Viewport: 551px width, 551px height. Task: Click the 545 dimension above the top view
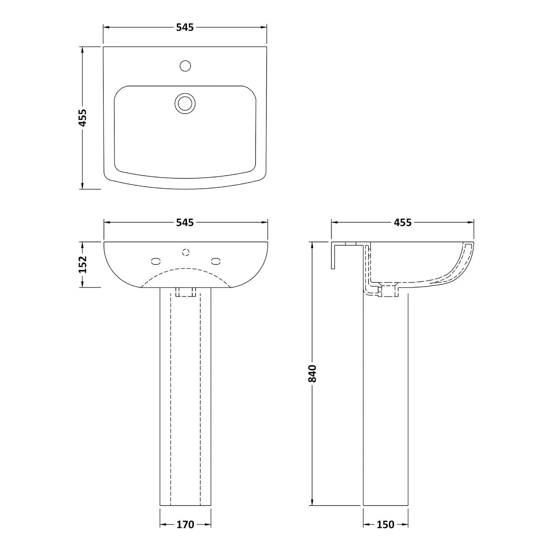[x=185, y=27]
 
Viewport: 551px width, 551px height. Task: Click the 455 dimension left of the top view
[x=83, y=118]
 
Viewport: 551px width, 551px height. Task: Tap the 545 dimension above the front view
[x=185, y=222]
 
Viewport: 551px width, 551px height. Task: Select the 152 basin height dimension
[x=83, y=264]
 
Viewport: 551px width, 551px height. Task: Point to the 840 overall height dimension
[x=313, y=373]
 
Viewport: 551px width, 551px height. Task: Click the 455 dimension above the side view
[x=403, y=222]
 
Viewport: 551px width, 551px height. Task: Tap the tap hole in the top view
[x=186, y=66]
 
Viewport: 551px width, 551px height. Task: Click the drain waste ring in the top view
[x=185, y=103]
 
